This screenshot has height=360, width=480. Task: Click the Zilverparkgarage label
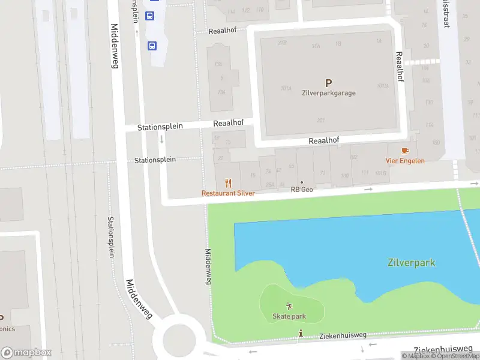tap(328, 93)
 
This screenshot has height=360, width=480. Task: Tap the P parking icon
tap(328, 83)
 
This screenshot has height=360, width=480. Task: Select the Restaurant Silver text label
tap(228, 193)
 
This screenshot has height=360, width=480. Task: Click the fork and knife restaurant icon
tap(228, 183)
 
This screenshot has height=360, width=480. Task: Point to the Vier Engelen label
tap(404, 161)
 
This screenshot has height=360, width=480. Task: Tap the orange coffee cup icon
tap(405, 151)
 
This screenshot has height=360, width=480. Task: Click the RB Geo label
tap(302, 190)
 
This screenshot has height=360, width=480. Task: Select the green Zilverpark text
tap(411, 263)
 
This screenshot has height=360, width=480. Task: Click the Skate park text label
tap(289, 316)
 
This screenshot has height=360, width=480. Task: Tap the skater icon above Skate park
tap(290, 305)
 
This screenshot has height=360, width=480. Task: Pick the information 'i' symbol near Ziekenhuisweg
tap(301, 332)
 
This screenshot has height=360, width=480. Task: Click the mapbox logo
tap(26, 353)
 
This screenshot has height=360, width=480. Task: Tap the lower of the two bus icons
tap(152, 45)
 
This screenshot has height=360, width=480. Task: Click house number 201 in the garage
tap(320, 119)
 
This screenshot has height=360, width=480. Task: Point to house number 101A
tap(286, 88)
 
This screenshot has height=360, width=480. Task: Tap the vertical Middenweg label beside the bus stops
tap(114, 46)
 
